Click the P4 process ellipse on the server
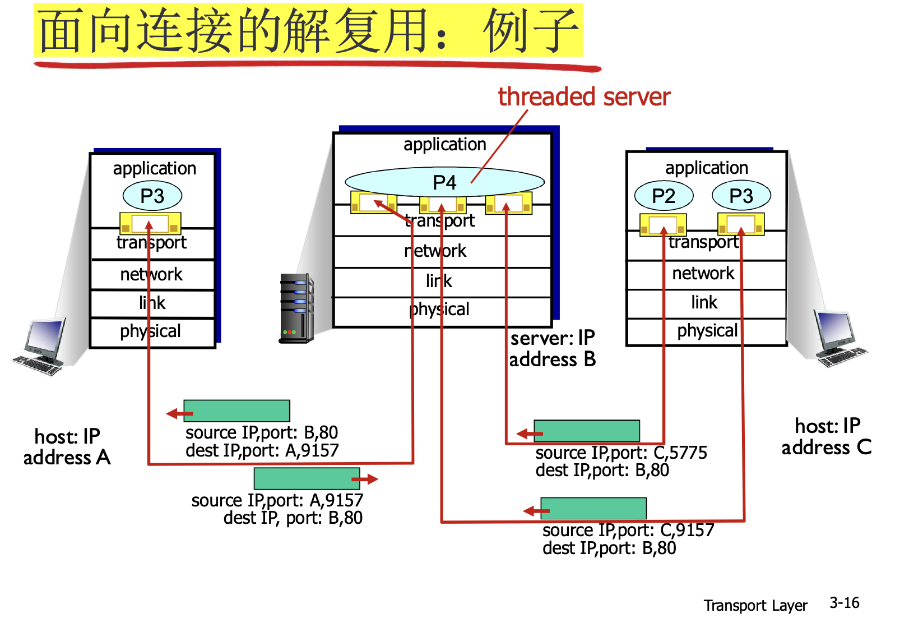coord(444,182)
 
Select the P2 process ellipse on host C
coord(664,195)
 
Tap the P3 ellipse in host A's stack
coord(152,196)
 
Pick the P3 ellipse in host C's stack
coord(741,195)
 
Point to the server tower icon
coord(296,308)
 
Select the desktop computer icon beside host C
coord(839,338)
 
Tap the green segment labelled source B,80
coord(236,411)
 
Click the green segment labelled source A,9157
coord(307,478)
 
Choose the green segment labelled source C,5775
coord(587,431)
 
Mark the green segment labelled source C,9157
coord(593,508)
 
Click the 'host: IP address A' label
coord(67,447)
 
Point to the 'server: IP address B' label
coord(553,349)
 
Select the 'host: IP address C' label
coord(827,436)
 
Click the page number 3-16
coord(844,603)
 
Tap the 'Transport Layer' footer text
coord(755,605)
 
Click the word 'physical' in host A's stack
coord(150,331)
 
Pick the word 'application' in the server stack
coord(445,144)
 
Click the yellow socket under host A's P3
coord(150,223)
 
